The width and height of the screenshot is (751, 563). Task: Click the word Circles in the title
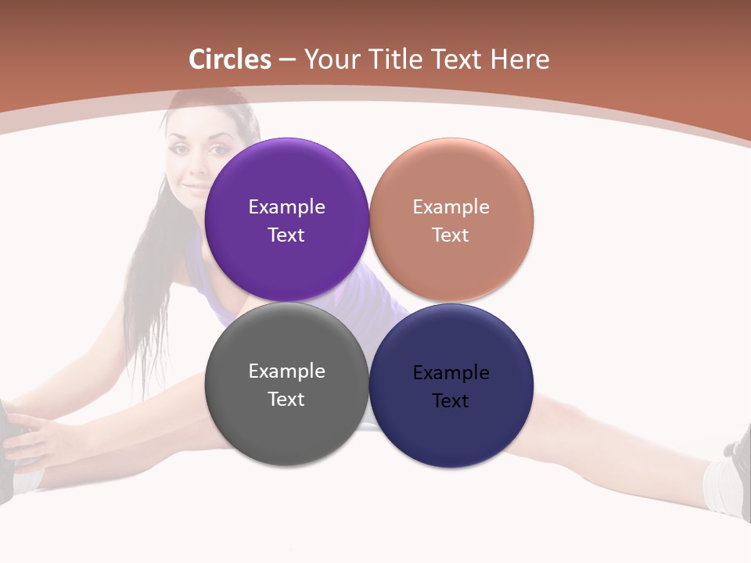coord(230,59)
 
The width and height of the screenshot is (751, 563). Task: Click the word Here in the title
coord(519,59)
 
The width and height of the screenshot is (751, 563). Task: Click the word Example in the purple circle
coord(286,206)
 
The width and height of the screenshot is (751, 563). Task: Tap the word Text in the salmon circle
coord(451,235)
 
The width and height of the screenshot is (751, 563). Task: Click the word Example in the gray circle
coord(286,371)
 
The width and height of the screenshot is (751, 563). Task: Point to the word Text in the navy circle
coord(451,400)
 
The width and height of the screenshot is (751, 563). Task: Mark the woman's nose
coord(196,165)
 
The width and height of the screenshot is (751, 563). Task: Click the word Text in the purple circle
coord(286,235)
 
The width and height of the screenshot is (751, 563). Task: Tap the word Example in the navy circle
coord(451,372)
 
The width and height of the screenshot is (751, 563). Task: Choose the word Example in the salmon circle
coord(451,206)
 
